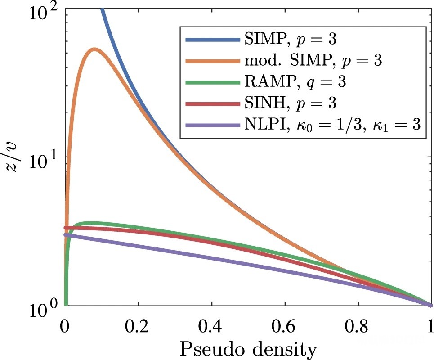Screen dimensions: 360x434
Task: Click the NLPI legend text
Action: (x=333, y=125)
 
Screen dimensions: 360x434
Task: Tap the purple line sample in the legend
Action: (x=212, y=126)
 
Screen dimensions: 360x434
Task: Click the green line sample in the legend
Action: (x=212, y=83)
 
